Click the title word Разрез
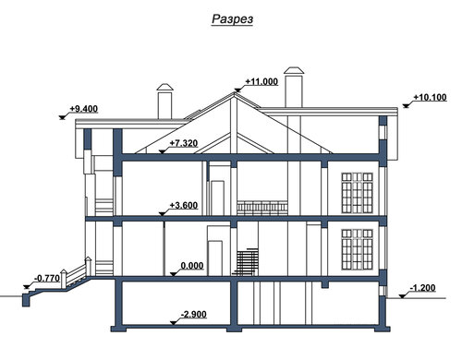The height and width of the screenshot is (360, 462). click(232, 19)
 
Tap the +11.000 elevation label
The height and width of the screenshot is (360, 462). click(261, 81)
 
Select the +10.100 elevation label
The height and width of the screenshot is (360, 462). click(430, 97)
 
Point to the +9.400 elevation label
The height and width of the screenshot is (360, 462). click(83, 109)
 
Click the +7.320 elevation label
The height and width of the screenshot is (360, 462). click(184, 143)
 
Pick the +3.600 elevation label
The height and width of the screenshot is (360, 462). click(184, 205)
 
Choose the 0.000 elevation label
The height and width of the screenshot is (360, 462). click(192, 266)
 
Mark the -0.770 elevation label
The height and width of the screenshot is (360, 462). click(47, 279)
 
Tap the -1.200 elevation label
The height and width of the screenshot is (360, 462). click(423, 288)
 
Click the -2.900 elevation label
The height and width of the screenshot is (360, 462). click(194, 315)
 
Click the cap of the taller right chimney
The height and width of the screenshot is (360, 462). click(294, 70)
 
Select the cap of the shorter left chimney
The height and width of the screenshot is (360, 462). click(164, 87)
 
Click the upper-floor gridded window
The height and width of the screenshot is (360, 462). click(358, 193)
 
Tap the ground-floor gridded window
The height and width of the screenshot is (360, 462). click(358, 249)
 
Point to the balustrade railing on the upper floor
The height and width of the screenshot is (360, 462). click(262, 208)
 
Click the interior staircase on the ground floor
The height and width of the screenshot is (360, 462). click(246, 262)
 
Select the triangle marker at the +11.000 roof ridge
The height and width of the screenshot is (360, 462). click(237, 90)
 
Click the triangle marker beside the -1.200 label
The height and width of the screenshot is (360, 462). click(402, 296)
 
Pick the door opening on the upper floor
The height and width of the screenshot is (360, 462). click(217, 198)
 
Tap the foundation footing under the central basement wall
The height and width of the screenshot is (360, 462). click(235, 329)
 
